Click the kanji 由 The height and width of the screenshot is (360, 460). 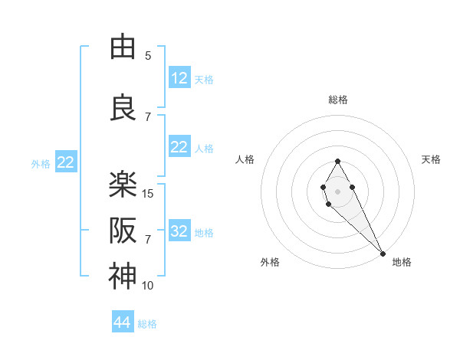tap(122, 47)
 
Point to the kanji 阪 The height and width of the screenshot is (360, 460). tap(122, 230)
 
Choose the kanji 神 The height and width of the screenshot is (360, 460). tap(122, 277)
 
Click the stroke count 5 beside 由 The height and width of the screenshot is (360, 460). tap(148, 55)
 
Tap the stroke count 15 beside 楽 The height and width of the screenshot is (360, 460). tap(149, 194)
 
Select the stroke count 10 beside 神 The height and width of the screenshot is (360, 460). tap(149, 286)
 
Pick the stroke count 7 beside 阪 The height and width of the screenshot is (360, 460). tap(148, 240)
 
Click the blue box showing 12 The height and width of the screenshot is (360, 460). tap(179, 78)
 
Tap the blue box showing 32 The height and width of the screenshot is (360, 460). tap(179, 231)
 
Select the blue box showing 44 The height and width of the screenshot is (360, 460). tap(122, 322)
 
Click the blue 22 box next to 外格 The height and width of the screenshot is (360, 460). tap(65, 162)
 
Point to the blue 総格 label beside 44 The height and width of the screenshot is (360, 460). tap(147, 324)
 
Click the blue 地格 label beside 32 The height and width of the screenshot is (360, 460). tap(204, 233)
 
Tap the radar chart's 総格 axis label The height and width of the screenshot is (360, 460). tap(338, 100)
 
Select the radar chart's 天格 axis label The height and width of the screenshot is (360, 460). tap(431, 159)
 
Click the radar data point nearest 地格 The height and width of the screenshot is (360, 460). tap(383, 253)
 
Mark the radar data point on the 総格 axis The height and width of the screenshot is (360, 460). tap(337, 161)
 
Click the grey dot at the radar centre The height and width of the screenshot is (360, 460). tap(337, 190)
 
